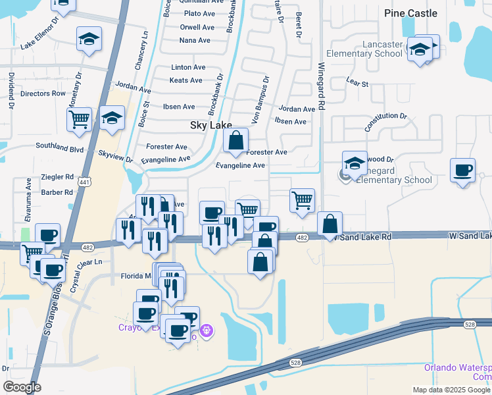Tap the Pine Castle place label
411,13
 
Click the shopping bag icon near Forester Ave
235,140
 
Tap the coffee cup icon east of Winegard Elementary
463,171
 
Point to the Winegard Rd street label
322,86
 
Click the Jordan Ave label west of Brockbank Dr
133,86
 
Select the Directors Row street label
43,93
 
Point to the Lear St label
357,84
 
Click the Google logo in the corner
22,387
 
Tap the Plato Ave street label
197,13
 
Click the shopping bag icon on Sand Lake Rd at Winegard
330,224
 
